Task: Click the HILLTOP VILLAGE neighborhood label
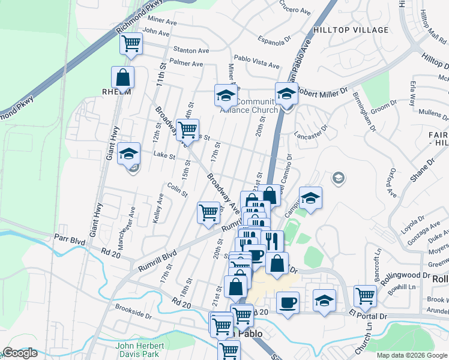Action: coord(351,29)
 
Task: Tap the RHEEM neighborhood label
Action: coord(116,92)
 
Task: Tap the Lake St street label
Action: coord(164,155)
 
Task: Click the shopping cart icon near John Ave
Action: coord(131,43)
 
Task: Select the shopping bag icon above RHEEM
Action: coord(122,77)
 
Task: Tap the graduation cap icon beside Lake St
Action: coord(128,154)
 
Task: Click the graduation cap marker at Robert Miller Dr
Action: coord(287,94)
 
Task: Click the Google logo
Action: coord(20,353)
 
